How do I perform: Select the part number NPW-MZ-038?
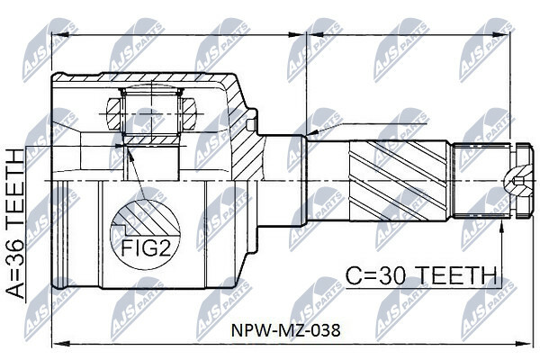[x=284, y=329]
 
